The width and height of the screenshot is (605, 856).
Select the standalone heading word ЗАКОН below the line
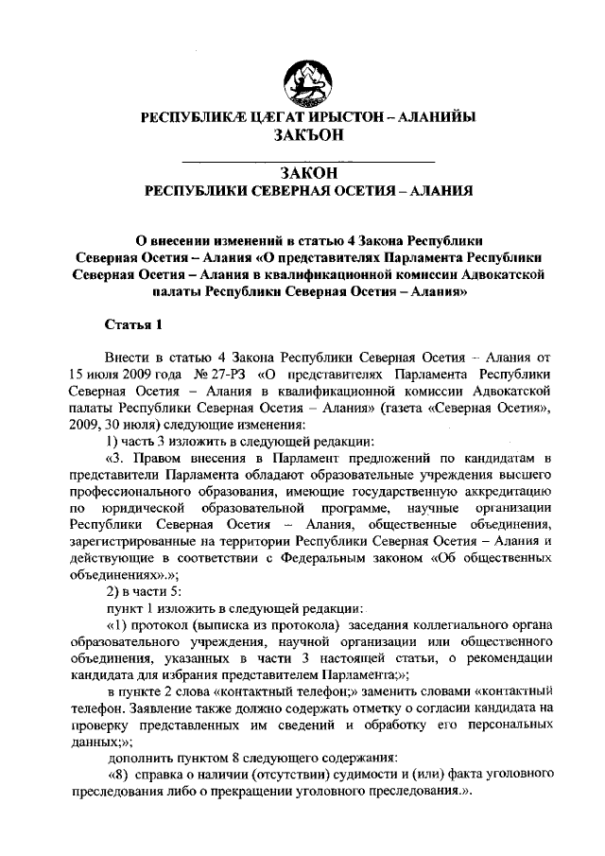(306, 172)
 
